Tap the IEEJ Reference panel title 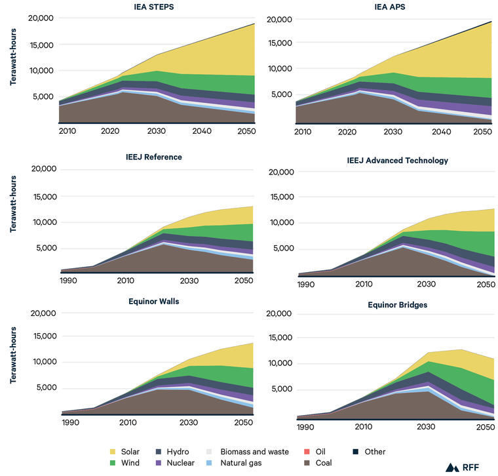point(155,157)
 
